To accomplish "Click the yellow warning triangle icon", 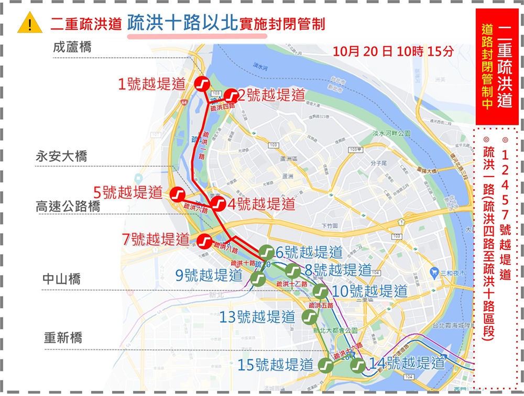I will click(x=29, y=24).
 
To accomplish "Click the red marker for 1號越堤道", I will click(x=202, y=84).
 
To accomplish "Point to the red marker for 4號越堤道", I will click(x=217, y=204).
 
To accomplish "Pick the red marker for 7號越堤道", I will click(x=204, y=241).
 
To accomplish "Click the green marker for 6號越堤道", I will click(x=266, y=252).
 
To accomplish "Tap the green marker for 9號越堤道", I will click(x=258, y=279).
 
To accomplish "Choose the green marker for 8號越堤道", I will click(x=293, y=271).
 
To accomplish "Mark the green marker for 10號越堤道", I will click(x=320, y=292).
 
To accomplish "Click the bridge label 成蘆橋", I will click(x=72, y=47).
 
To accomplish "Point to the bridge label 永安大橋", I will click(x=61, y=156).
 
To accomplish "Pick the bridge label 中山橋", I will click(x=61, y=279).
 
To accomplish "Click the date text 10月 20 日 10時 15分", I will click(x=392, y=52).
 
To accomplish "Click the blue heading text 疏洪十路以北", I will click(x=182, y=24).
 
